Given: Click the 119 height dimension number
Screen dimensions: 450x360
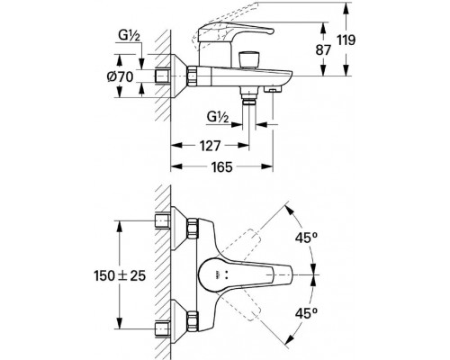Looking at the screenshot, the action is [346, 40].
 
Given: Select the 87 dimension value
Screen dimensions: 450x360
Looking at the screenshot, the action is [323, 50].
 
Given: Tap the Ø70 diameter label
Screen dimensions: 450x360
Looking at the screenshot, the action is [120, 77].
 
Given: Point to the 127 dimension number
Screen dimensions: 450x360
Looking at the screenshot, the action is [210, 146].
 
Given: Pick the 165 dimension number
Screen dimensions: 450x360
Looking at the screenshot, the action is [222, 166].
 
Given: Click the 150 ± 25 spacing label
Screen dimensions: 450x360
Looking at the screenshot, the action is [120, 275].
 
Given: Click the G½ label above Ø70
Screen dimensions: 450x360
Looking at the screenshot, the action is [130, 36].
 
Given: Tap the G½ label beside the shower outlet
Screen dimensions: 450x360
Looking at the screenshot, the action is [218, 117].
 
